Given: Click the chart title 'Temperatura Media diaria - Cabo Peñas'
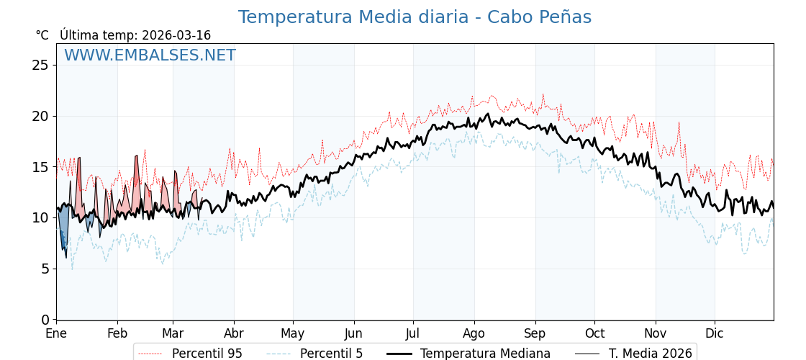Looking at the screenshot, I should click(x=415, y=17).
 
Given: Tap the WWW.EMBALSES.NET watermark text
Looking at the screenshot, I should click(x=150, y=55).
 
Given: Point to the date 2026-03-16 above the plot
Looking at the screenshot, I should click(x=176, y=35).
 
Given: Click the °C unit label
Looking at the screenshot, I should click(x=42, y=35).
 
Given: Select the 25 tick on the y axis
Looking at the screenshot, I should click(x=41, y=66).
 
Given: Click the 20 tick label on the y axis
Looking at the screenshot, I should click(x=41, y=116).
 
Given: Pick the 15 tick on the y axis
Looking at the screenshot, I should click(x=41, y=167).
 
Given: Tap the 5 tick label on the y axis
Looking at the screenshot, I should click(x=45, y=269).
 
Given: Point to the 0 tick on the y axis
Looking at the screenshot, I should click(x=45, y=320).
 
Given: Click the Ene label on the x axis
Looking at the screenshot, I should click(x=56, y=334).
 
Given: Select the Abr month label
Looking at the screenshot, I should click(x=234, y=334).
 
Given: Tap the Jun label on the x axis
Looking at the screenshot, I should click(x=353, y=334).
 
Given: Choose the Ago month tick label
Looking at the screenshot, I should click(x=474, y=334).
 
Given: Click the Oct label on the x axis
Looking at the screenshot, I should click(x=594, y=334).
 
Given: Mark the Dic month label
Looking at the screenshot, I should click(x=715, y=334).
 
